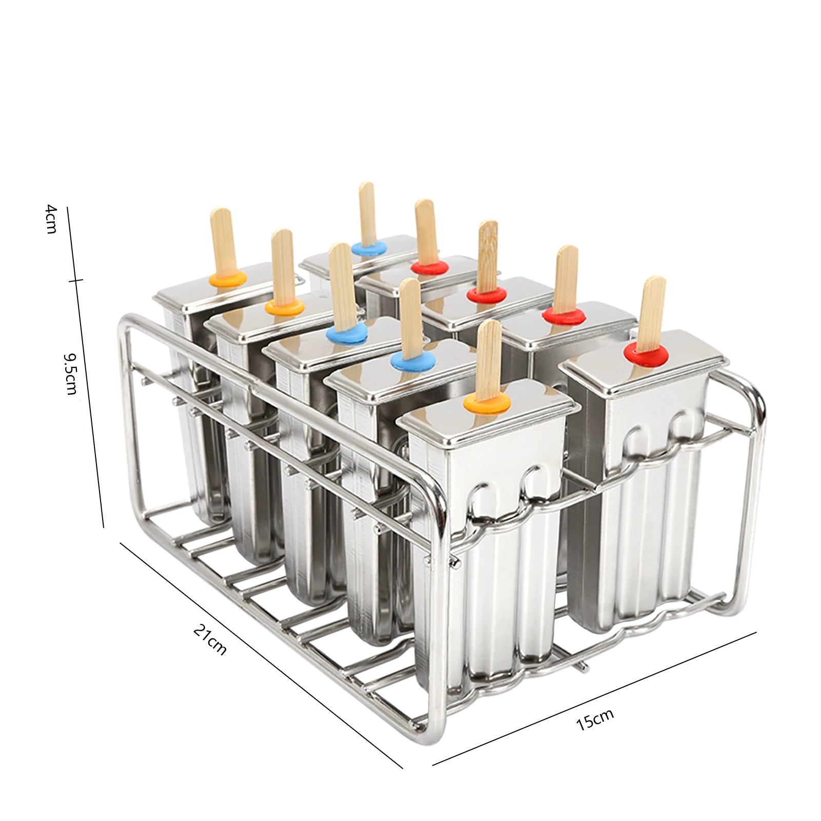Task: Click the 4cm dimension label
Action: (51, 219)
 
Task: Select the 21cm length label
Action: (209, 639)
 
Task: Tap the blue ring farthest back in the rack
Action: (369, 248)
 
